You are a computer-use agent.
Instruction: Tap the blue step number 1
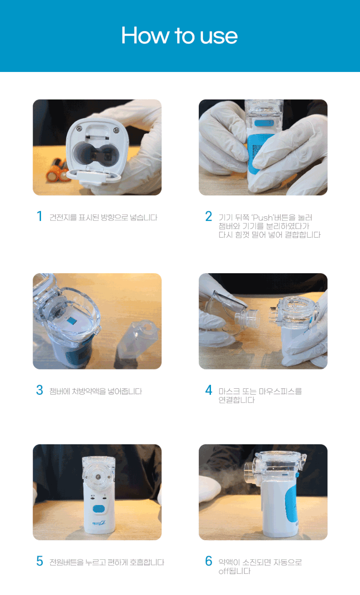click(40, 216)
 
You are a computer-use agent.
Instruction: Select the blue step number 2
click(208, 216)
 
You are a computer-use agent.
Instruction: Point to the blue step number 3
click(40, 390)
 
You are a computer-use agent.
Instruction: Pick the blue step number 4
click(208, 390)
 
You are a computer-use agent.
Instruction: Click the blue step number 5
click(40, 561)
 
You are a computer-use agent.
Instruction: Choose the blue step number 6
click(208, 561)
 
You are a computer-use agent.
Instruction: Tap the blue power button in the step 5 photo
click(98, 508)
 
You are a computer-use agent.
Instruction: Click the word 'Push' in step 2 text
click(263, 218)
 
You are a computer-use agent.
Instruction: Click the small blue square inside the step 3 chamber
click(72, 321)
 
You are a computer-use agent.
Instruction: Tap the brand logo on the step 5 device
click(98, 523)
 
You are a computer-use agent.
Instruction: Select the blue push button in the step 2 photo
click(264, 123)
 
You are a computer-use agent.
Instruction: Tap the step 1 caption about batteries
click(103, 218)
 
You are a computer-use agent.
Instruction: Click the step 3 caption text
click(95, 391)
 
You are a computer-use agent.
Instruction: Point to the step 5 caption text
click(107, 562)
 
